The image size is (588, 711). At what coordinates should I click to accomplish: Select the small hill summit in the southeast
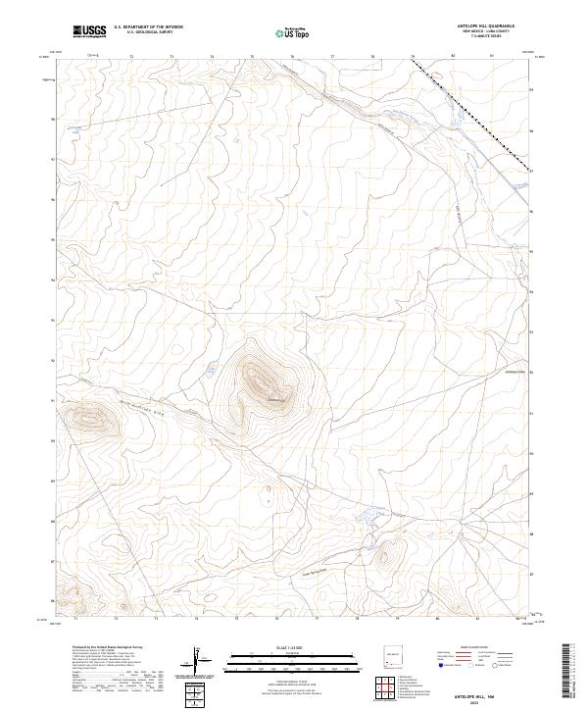385,555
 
